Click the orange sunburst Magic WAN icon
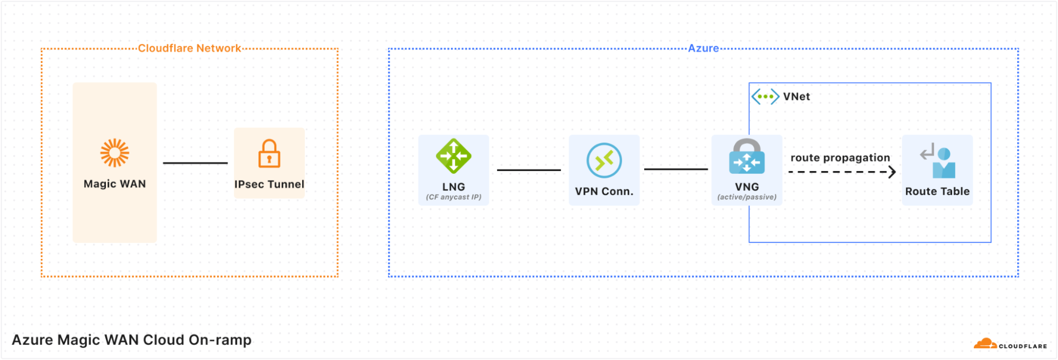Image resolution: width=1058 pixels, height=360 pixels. coord(115,153)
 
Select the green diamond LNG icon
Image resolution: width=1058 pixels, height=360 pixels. coord(454,156)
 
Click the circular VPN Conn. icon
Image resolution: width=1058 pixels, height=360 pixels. coord(604,160)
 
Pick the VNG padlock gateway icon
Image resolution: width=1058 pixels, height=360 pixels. coord(747,157)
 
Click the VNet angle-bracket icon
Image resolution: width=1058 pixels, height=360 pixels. coord(765,96)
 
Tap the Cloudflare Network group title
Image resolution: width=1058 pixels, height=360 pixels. coord(189,48)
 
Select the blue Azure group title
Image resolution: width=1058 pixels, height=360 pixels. coord(703,48)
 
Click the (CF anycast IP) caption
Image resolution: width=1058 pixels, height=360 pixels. coord(454,197)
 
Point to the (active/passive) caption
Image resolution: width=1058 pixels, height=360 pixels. coord(747,197)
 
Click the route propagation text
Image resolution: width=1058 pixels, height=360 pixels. coord(840,158)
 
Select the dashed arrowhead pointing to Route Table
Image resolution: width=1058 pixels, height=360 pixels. coord(892,172)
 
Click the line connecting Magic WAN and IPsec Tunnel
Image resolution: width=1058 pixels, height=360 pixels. coord(195,163)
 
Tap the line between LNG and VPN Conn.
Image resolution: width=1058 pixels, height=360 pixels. coord(529,170)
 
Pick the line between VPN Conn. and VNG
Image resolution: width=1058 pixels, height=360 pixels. coord(676,169)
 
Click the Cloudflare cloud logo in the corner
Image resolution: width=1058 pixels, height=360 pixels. coord(985,344)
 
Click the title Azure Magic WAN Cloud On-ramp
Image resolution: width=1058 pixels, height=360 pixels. coord(132,340)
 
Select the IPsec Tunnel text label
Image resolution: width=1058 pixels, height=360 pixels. coord(269,184)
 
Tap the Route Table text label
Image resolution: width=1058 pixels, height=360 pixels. coord(937,192)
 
